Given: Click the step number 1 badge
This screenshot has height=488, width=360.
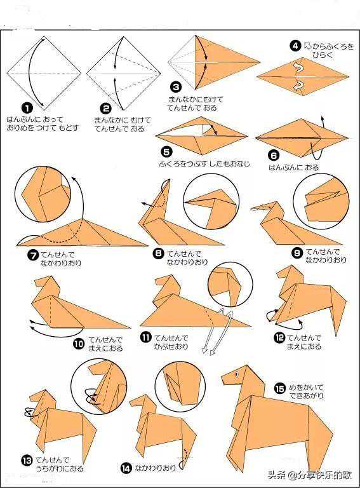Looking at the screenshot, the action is [27, 108].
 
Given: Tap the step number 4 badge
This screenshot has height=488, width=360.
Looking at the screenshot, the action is [295, 46].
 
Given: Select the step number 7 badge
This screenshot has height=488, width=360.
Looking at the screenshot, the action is [32, 255].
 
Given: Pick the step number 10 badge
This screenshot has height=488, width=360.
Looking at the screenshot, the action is [79, 344].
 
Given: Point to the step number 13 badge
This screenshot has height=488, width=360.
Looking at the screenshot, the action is [27, 461].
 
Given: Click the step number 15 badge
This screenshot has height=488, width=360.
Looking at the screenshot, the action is [279, 388].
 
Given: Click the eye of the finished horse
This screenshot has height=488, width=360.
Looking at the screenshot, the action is [237, 374].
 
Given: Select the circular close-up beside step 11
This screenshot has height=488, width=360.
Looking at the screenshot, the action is [230, 286].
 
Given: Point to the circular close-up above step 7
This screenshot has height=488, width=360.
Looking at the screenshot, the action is [43, 194].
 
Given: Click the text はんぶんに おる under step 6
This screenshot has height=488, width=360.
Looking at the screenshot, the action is [294, 168].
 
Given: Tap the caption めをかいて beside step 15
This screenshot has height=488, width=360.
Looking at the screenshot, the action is [306, 388].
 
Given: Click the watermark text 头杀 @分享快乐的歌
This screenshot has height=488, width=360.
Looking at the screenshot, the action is [310, 475].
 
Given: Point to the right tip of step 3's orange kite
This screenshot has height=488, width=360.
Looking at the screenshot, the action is [259, 62].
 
